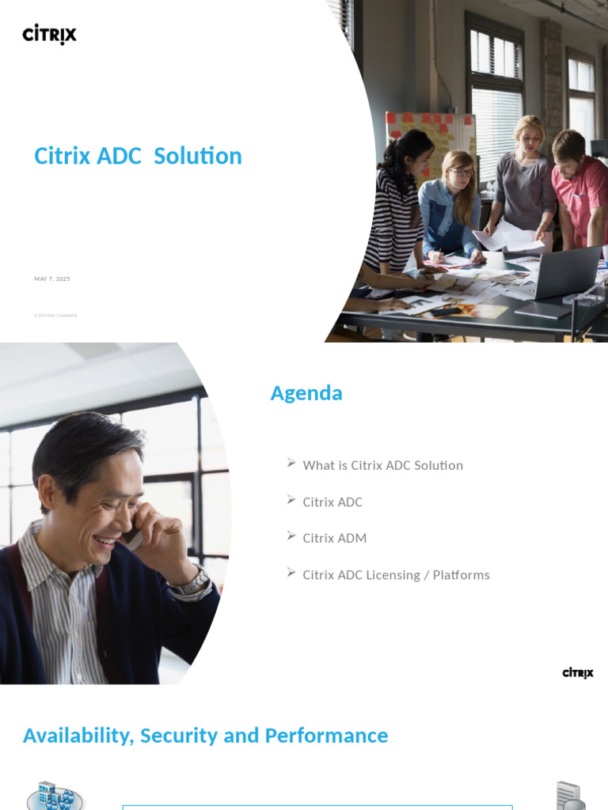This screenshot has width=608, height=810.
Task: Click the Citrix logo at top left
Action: coord(49,35)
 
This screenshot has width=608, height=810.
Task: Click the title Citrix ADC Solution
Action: coord(138,156)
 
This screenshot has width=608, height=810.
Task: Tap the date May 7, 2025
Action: coord(52,279)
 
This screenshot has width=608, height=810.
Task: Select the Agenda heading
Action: coord(306,393)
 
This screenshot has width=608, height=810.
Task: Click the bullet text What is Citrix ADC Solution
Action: coord(382,465)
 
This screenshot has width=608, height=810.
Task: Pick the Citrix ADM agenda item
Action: coord(334,538)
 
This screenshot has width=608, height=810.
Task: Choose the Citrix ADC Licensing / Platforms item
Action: coord(396,575)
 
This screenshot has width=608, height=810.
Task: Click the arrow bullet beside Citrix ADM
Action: coord(291,536)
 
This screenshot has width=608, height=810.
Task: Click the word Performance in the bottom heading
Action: coord(326,736)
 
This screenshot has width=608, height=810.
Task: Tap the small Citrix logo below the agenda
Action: coord(578,673)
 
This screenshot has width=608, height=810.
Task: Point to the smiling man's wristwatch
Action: coord(191,583)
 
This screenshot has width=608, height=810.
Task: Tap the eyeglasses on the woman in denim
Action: coord(461,172)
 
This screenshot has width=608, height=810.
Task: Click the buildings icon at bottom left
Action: coord(55,794)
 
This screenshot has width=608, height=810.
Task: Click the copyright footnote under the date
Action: coord(55,315)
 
